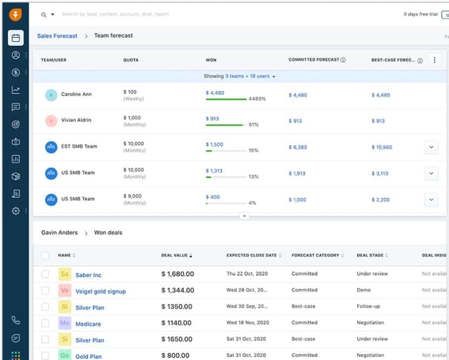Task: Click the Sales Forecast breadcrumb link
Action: click(x=58, y=36)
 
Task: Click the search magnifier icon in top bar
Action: click(x=44, y=15)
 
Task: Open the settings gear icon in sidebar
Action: click(x=16, y=211)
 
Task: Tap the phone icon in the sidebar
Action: click(x=16, y=320)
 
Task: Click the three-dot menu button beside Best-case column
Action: click(x=434, y=60)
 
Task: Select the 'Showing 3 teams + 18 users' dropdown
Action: click(x=240, y=76)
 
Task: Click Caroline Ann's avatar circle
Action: click(x=51, y=95)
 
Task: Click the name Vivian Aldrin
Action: click(x=76, y=121)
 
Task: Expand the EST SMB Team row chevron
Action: click(x=431, y=147)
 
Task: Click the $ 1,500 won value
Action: click(x=214, y=144)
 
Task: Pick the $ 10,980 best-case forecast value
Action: click(x=382, y=147)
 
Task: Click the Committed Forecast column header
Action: click(x=314, y=60)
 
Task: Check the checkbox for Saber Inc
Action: click(x=45, y=275)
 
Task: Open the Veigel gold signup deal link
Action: click(x=101, y=291)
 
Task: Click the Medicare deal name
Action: click(x=88, y=324)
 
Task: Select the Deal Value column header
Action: click(x=174, y=255)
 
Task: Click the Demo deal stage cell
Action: click(x=364, y=290)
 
